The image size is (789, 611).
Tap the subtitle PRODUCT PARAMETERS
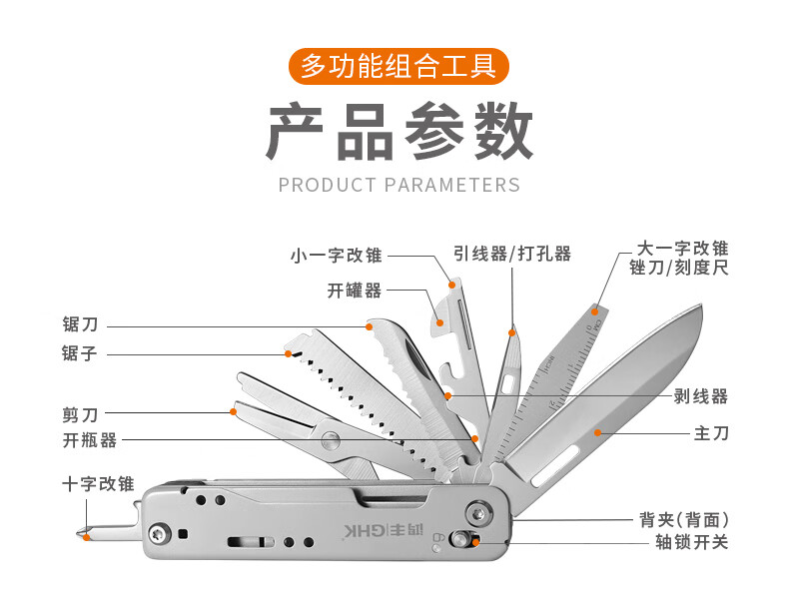point(398,185)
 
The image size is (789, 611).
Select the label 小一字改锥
point(336,255)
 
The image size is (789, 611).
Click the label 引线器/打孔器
point(512,254)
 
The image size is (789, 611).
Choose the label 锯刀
point(80,324)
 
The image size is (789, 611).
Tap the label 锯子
point(80,353)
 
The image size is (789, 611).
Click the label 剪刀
point(80,412)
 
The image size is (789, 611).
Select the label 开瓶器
point(89,440)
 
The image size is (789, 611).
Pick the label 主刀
point(711,433)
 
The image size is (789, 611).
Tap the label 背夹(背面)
point(684,520)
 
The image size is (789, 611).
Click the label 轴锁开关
point(684,543)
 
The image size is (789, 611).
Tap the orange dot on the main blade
point(598,431)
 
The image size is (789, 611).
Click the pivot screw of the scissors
point(330,436)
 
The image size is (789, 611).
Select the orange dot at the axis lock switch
point(475,542)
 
